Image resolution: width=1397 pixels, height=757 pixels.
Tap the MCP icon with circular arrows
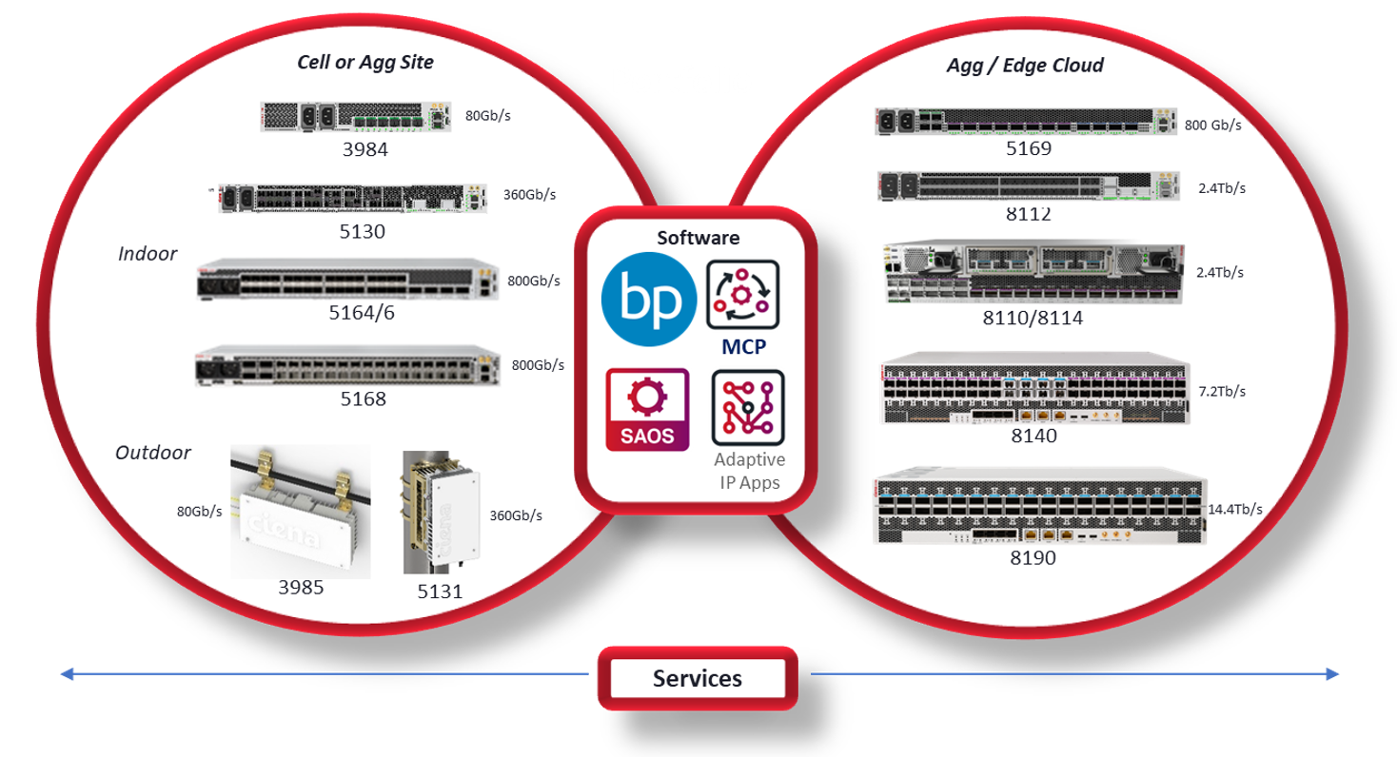click(x=742, y=296)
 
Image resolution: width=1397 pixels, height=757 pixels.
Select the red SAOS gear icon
click(x=647, y=410)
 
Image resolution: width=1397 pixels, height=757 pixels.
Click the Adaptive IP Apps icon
click(x=748, y=409)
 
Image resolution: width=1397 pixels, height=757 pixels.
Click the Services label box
click(x=697, y=679)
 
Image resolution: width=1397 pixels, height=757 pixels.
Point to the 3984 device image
click(x=355, y=117)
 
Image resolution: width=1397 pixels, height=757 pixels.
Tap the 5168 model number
click(x=364, y=398)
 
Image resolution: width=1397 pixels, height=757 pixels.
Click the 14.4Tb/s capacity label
click(x=1234, y=510)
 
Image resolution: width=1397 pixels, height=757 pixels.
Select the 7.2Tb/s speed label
click(x=1221, y=391)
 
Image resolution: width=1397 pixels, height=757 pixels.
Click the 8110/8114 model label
click(x=1033, y=319)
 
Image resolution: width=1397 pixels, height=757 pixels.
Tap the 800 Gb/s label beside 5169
click(x=1212, y=125)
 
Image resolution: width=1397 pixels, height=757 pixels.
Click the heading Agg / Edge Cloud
click(x=1025, y=66)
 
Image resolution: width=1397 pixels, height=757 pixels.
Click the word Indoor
click(x=148, y=254)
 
